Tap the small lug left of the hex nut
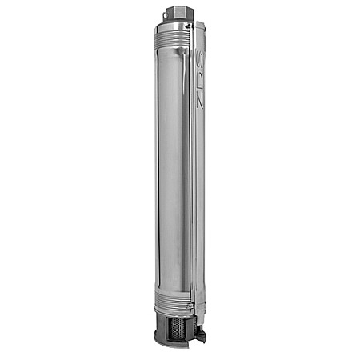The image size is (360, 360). click(x=163, y=13)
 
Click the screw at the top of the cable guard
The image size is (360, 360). click(x=189, y=27)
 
